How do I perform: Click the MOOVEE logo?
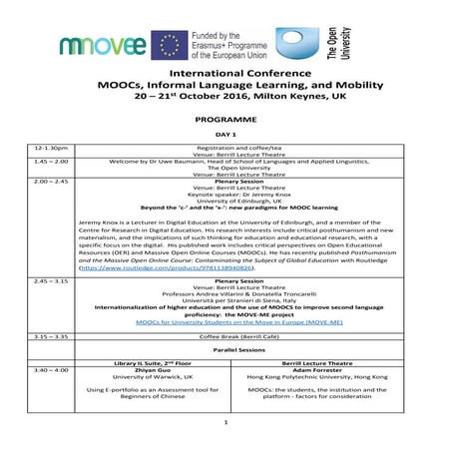tap(102, 44)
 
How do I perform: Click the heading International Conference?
tap(226, 74)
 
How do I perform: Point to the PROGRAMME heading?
tap(226, 117)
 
